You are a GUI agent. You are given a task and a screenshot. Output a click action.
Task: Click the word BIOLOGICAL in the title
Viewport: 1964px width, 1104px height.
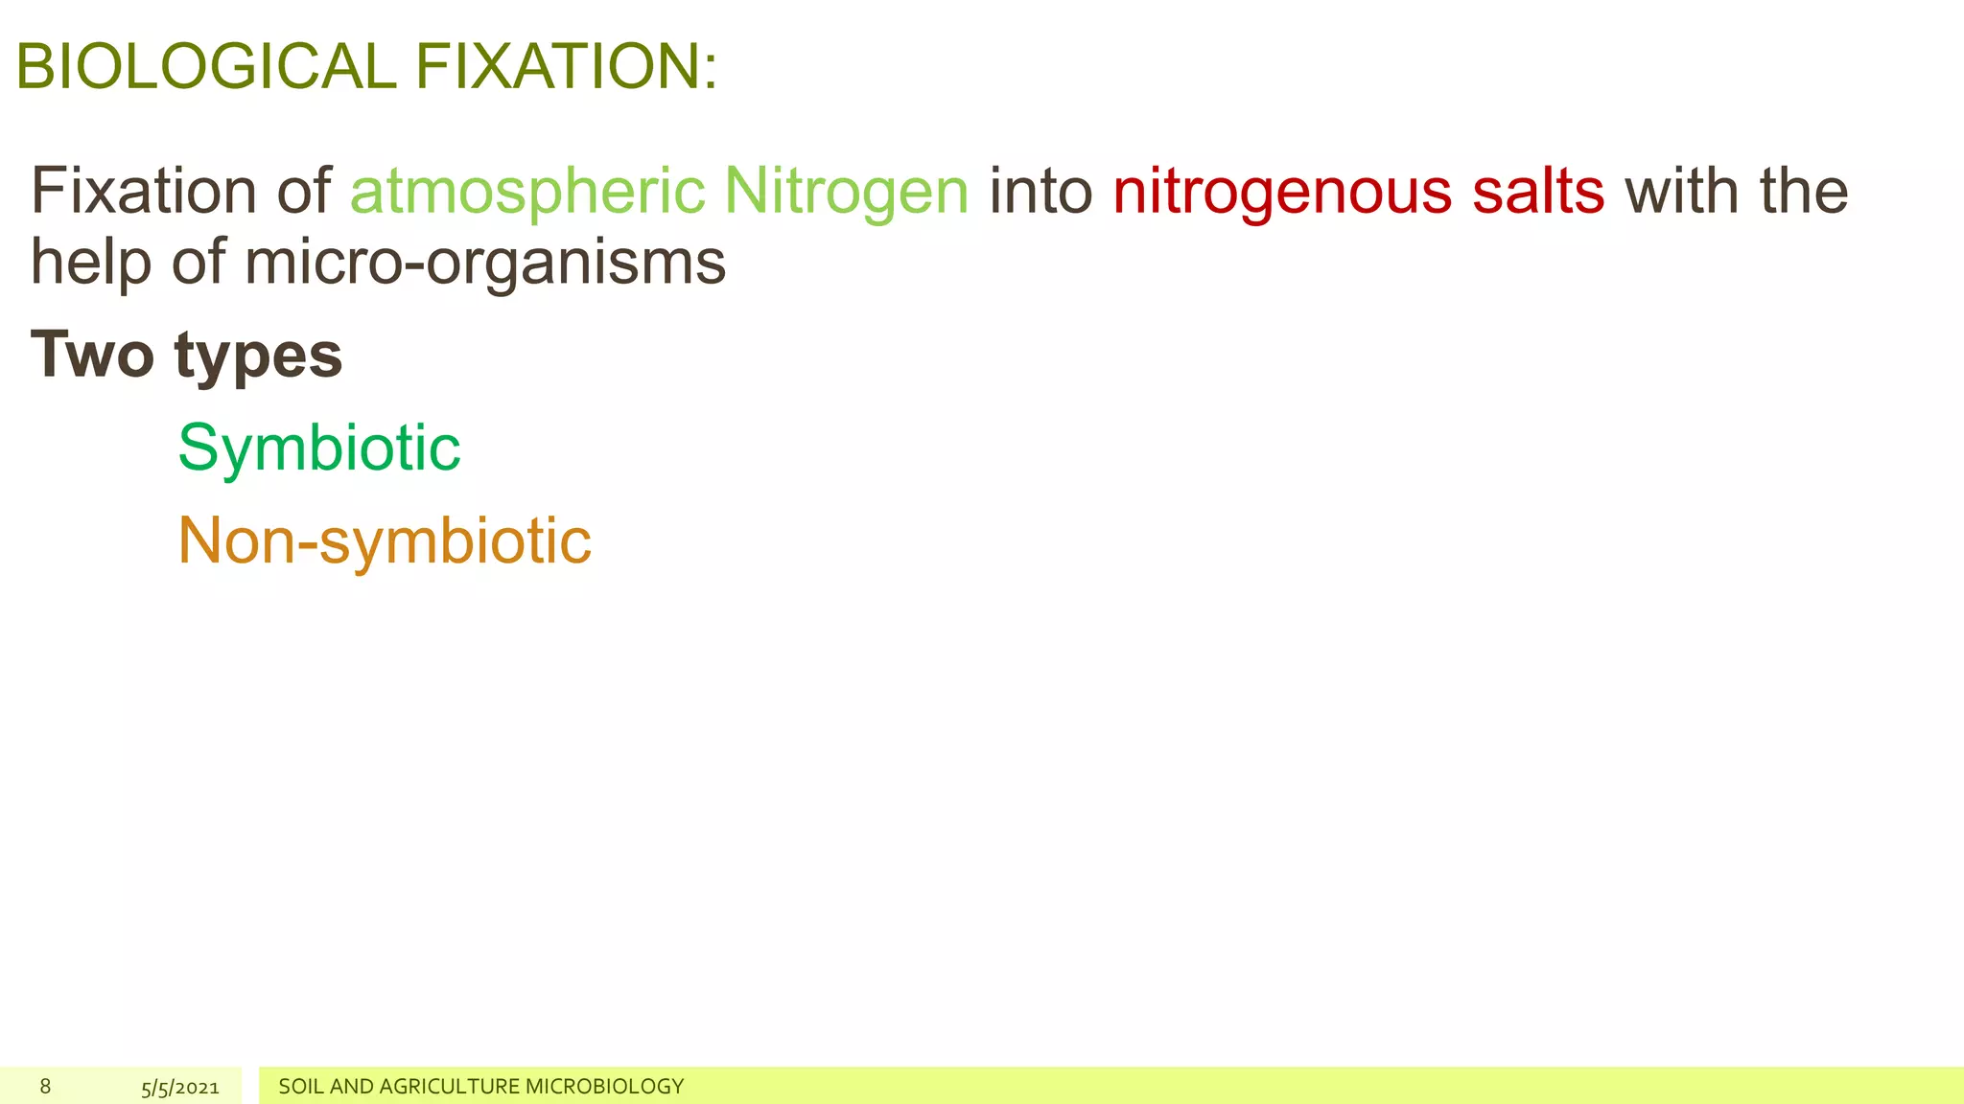205,67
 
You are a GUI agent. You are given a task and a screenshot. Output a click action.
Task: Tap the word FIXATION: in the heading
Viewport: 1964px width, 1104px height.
566,67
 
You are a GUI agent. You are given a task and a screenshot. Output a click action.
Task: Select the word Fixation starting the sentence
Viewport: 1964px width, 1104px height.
144,191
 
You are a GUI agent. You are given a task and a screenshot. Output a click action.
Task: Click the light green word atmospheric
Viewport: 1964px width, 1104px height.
527,191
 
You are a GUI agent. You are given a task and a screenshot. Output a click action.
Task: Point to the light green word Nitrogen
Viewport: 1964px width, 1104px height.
846,191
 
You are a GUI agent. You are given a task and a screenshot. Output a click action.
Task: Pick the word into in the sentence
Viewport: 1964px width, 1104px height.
1040,191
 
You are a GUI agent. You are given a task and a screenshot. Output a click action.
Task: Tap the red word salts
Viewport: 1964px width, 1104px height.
1538,191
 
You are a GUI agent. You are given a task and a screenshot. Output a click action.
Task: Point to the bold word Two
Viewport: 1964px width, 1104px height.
92,355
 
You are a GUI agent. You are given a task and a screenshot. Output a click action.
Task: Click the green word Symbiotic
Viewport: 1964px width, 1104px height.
318,448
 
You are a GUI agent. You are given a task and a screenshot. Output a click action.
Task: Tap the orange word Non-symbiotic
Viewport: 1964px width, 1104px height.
385,540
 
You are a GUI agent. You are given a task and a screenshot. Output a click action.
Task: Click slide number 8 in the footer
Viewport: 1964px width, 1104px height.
45,1086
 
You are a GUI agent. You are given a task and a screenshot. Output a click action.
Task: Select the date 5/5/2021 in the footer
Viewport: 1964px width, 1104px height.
180,1087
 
